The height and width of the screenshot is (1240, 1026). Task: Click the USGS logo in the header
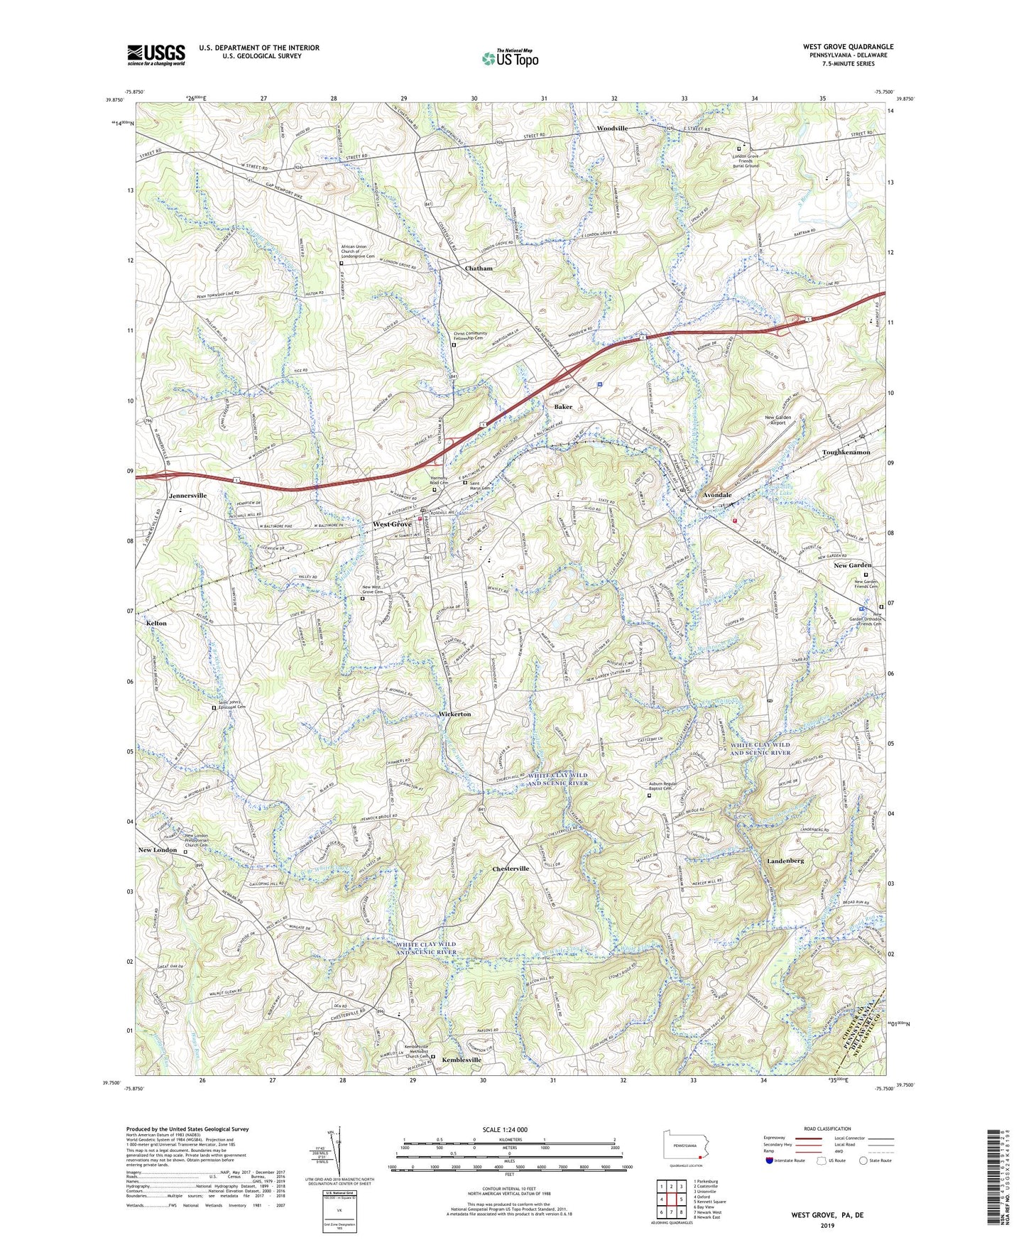[x=156, y=54]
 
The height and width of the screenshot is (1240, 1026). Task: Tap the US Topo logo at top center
[x=510, y=58]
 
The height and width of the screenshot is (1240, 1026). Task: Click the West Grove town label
[x=392, y=524]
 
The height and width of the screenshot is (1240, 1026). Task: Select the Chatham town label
[x=479, y=268]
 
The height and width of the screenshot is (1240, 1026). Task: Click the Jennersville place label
[x=187, y=495]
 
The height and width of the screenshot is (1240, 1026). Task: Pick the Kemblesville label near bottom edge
[x=461, y=1060]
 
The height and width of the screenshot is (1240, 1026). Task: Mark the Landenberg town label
[x=785, y=860]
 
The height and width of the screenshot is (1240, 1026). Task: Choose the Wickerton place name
[x=454, y=714]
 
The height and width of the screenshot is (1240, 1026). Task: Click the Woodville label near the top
[x=612, y=129]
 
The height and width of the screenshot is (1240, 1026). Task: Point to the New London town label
[x=158, y=850]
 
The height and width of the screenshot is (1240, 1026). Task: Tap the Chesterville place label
[x=511, y=869]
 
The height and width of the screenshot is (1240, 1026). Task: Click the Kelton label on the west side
[x=156, y=623]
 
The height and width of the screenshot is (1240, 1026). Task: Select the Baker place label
[x=563, y=407]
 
